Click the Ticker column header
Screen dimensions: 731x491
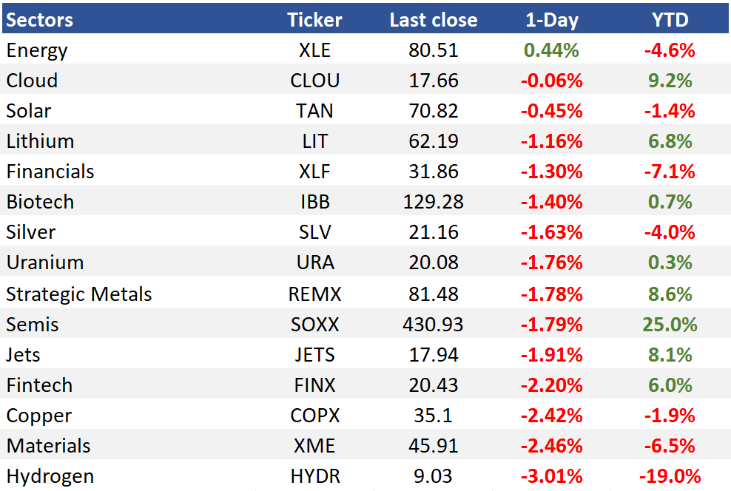tap(314, 20)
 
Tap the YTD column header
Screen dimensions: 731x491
tap(670, 20)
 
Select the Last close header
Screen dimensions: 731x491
tap(434, 20)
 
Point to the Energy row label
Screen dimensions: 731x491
tap(37, 51)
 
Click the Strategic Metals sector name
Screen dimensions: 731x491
tap(78, 294)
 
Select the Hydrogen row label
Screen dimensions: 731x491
tap(50, 476)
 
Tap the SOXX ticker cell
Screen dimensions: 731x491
tap(314, 325)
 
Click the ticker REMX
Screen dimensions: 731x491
tap(314, 294)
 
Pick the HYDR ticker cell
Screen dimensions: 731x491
tap(314, 476)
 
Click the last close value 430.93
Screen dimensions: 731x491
tap(433, 325)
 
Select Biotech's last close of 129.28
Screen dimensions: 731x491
tap(433, 202)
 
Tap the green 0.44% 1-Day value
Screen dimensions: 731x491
tap(551, 50)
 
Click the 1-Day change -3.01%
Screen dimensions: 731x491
tap(551, 476)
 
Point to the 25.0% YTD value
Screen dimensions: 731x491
tap(670, 325)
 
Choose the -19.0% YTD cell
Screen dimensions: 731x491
tap(670, 476)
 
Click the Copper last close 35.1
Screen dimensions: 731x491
tap(433, 416)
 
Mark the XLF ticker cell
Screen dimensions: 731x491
tap(314, 172)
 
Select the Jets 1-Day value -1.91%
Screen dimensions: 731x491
tap(551, 355)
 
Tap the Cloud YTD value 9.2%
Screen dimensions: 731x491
tap(670, 81)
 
